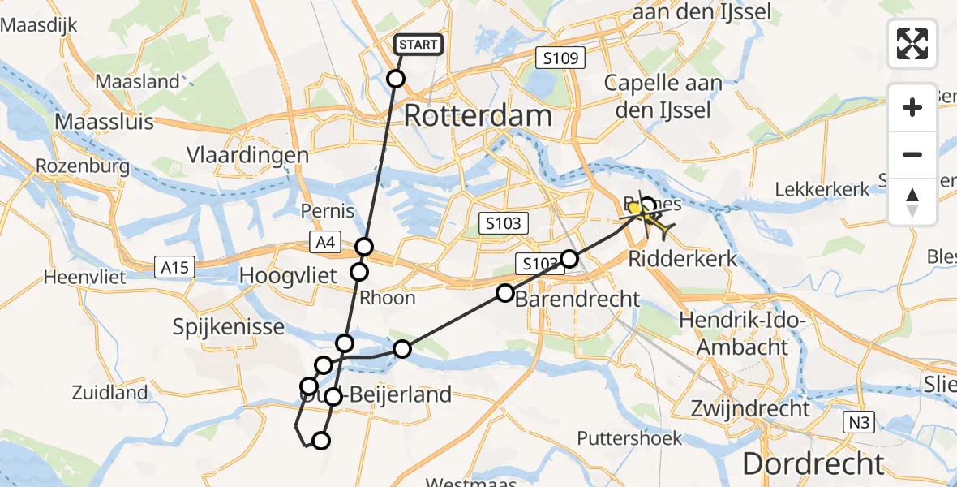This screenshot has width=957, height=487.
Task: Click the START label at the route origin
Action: point(418,45)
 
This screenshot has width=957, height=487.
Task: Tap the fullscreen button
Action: point(912,43)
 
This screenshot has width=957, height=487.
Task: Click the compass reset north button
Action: point(912,202)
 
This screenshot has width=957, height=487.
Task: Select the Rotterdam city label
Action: point(478,115)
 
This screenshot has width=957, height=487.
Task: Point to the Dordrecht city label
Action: point(813,463)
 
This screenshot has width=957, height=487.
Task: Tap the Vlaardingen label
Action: point(247,155)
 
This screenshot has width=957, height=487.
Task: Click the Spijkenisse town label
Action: point(229,327)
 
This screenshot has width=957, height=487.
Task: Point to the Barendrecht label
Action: point(578,299)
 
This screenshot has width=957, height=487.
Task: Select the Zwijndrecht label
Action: point(751,407)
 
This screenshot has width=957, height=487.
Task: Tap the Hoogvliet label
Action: point(288,276)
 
